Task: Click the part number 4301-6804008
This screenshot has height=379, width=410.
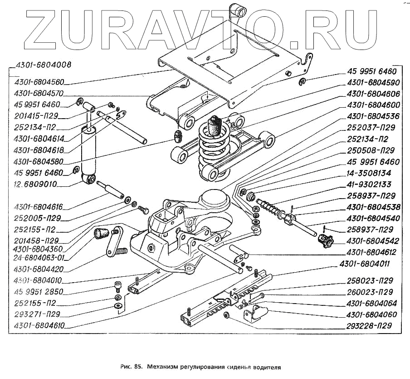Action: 43,65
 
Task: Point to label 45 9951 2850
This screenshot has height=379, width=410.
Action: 39,292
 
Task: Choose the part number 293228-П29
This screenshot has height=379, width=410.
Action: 368,325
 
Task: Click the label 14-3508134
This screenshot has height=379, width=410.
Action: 369,173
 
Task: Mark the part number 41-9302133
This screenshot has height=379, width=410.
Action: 369,185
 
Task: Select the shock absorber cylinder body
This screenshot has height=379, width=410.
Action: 88,152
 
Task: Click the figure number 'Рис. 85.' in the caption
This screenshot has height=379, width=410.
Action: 132,365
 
